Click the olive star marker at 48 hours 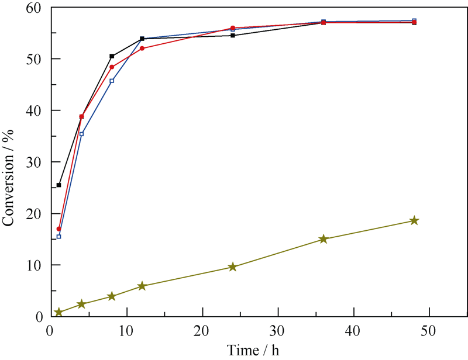[x=414, y=220]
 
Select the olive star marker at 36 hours [x=324, y=239]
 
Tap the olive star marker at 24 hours [x=233, y=266]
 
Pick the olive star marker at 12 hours [x=142, y=286]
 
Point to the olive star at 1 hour [x=58, y=312]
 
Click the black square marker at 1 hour [x=58, y=185]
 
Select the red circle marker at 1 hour [x=59, y=229]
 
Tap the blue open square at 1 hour [x=58, y=237]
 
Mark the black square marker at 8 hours [x=112, y=56]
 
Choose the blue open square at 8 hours [x=112, y=81]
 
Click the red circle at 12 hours [x=142, y=48]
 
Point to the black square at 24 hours [x=233, y=36]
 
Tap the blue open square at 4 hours [x=81, y=134]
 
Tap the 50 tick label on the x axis [x=429, y=331]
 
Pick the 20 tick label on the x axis [x=202, y=331]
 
